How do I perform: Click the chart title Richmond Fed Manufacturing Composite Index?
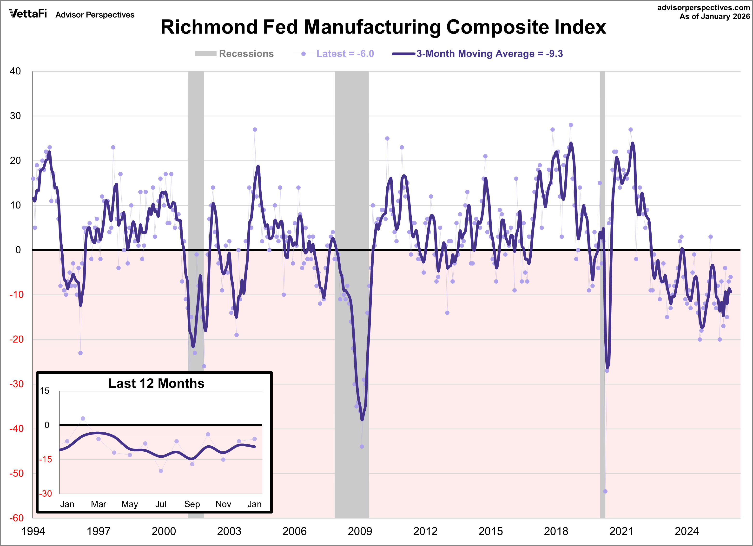click(x=383, y=27)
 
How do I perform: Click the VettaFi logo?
click(x=28, y=14)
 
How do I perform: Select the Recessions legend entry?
click(x=234, y=54)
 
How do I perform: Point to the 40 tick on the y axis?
click(x=15, y=71)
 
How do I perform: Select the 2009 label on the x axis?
click(x=360, y=531)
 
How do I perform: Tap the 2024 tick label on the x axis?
click(x=686, y=531)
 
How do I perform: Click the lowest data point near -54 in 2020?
click(x=605, y=492)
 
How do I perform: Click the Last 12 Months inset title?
click(x=156, y=384)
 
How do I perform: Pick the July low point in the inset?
click(x=161, y=471)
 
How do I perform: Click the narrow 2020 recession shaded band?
click(x=602, y=232)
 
